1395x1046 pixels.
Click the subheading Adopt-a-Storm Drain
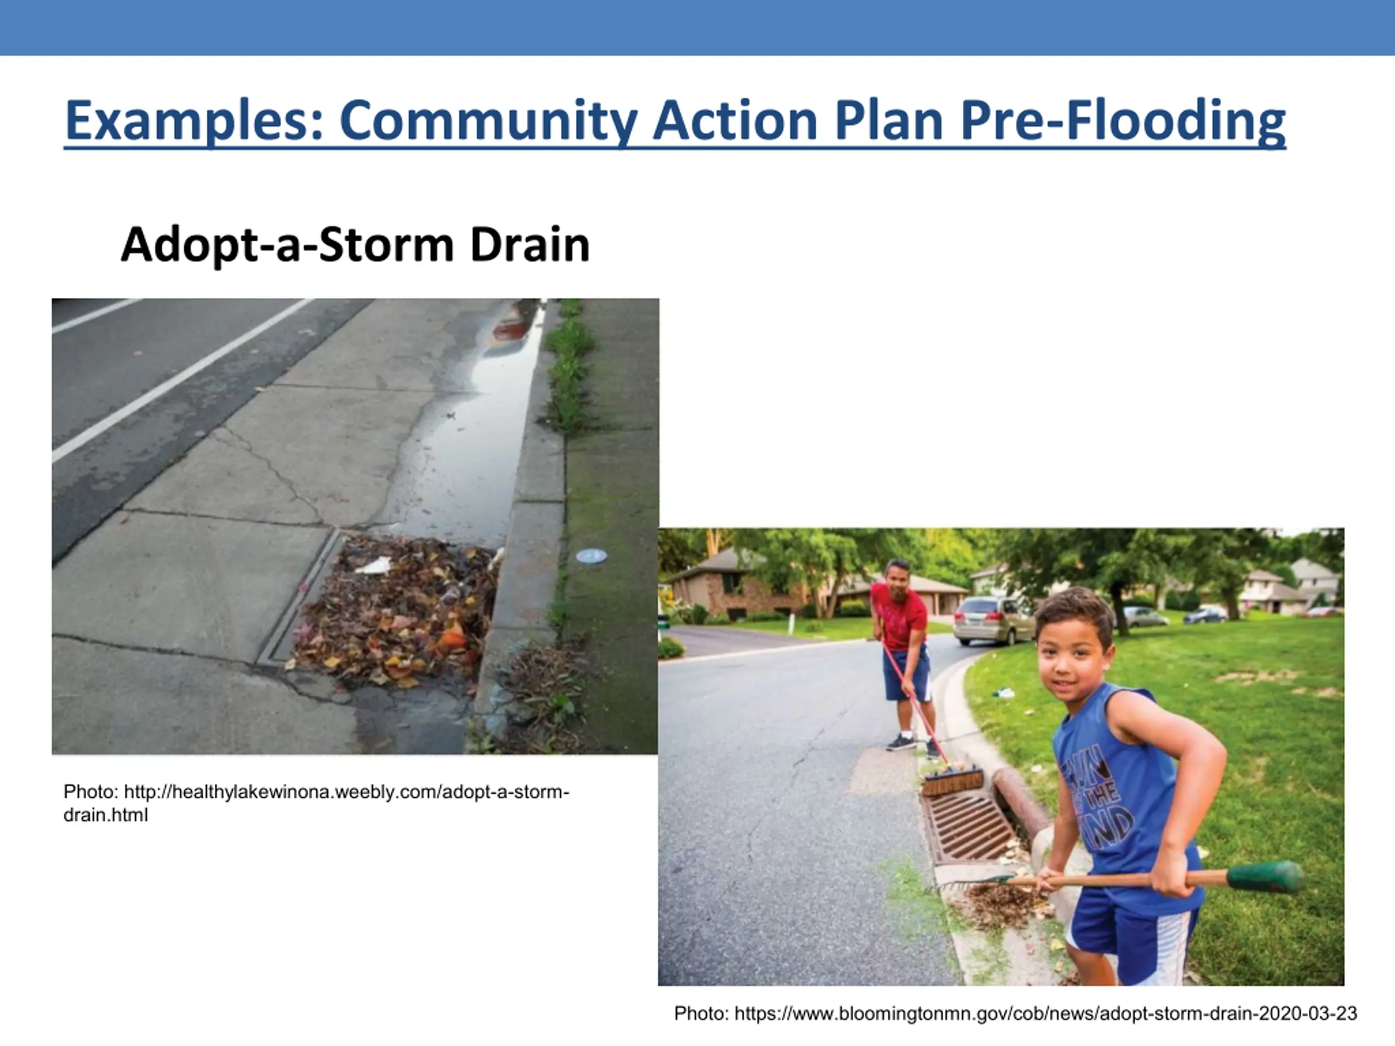point(355,245)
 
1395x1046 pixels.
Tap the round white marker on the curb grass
point(591,556)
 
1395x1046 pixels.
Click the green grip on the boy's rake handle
point(1264,877)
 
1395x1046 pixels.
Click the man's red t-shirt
point(900,615)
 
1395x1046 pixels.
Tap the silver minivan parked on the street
point(992,621)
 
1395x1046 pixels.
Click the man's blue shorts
point(907,673)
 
